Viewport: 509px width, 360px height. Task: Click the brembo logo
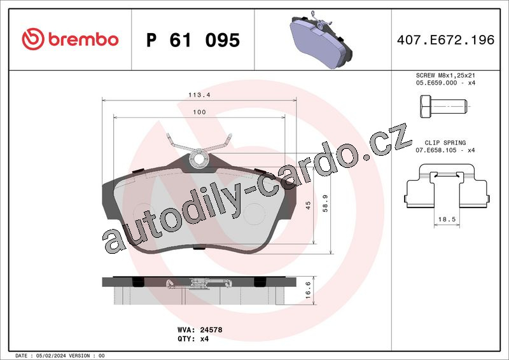tap(70, 39)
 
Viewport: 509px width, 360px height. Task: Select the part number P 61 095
tap(193, 40)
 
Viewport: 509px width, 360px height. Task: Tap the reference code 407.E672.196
tap(446, 40)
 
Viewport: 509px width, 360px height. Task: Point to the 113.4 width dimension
tap(199, 95)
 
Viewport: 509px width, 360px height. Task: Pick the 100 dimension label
tap(199, 112)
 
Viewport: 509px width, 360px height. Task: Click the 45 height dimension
tap(308, 205)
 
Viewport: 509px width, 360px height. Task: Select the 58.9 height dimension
tap(325, 204)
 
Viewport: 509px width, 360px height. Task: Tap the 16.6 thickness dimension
tap(308, 290)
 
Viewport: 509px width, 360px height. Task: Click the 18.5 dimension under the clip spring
tap(447, 219)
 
